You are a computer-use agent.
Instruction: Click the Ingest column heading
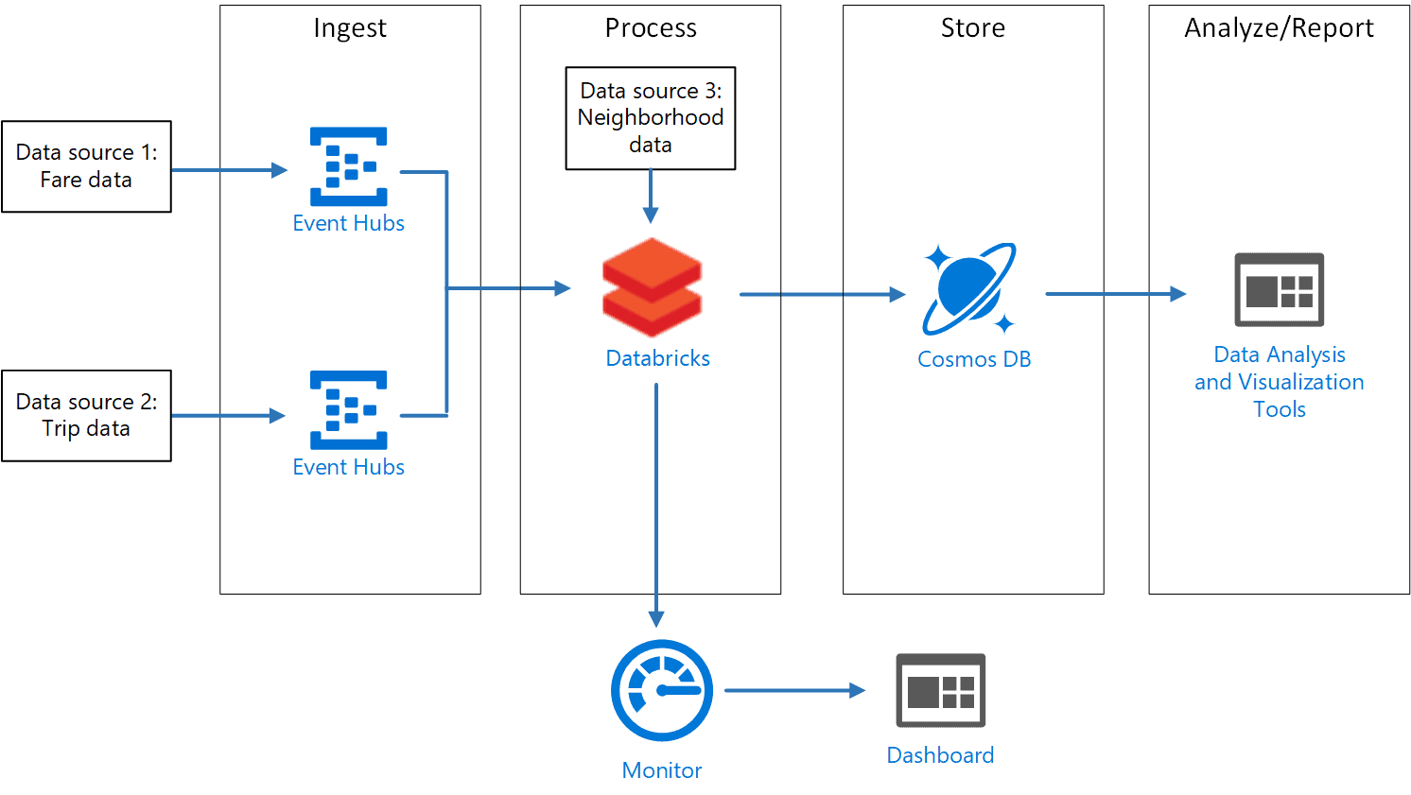coord(350,28)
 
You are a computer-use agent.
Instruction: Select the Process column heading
coord(651,28)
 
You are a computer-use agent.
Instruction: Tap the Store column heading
coord(973,28)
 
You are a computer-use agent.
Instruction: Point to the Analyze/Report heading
coord(1279,28)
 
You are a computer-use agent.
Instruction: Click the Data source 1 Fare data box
coord(86,166)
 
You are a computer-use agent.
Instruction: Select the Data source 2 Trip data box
coord(86,416)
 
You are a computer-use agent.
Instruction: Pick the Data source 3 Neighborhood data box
coord(651,118)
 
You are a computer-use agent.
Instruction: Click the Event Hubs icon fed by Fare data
coord(349,166)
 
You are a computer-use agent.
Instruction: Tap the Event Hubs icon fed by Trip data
coord(349,410)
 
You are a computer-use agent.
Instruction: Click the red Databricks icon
coord(652,287)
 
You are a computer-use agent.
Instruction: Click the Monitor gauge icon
coord(662,690)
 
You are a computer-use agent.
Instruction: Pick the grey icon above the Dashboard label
coord(940,690)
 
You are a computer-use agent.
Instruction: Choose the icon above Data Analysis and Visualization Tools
coord(1279,289)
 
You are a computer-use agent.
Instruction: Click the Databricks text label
coord(657,358)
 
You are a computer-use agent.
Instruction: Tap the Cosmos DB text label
coord(974,359)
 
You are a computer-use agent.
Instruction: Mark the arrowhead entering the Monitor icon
coord(656,619)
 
